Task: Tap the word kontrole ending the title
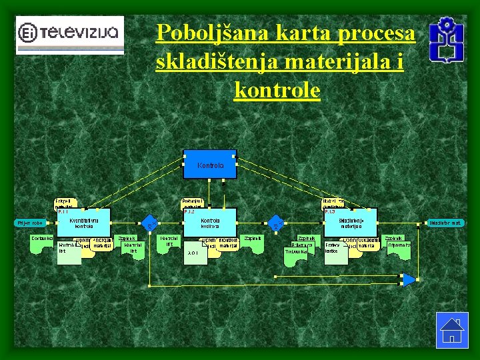pos(277,90)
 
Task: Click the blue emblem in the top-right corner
pos(446,39)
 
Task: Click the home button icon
pos(451,329)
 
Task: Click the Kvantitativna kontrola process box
pos(84,223)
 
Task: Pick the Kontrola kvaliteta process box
pos(211,223)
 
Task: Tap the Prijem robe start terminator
pos(30,223)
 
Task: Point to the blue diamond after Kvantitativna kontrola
pos(151,223)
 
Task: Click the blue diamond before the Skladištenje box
pos(275,223)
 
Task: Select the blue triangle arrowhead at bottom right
pos(409,279)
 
